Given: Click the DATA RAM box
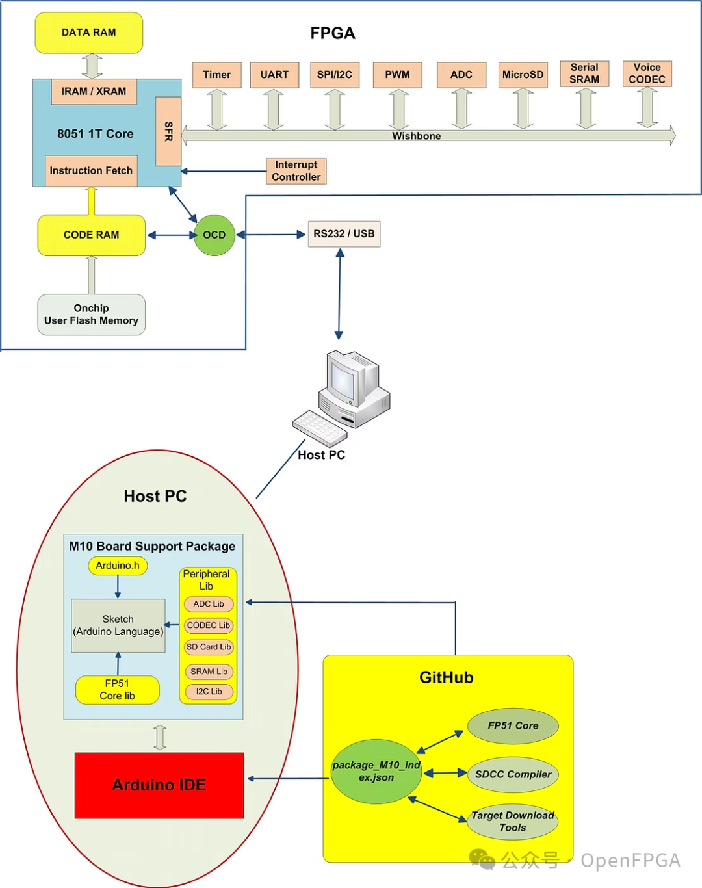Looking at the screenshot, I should pos(88,33).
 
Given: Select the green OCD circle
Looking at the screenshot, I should pos(214,235).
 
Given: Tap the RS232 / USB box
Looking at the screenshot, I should pos(344,234).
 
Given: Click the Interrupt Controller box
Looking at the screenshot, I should pos(296,171).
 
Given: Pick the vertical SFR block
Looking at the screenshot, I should pos(168,131).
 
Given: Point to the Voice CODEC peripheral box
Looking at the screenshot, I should pos(647,73).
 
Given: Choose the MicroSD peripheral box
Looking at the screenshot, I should pos(523,75).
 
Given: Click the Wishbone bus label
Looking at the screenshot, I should pos(416,136).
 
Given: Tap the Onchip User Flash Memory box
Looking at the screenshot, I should pos(91,315).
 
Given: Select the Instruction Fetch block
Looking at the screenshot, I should pos(91,170).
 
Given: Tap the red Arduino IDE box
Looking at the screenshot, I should pos(159,785).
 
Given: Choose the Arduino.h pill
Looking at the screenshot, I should pos(118,566).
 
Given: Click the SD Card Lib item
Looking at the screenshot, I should pos(209,647).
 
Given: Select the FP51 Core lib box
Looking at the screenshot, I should pos(117,690).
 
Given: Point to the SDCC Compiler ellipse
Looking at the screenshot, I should pos(513,774).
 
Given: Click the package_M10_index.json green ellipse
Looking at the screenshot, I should pos(376,772).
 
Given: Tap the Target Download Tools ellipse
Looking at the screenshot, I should pos(512,822).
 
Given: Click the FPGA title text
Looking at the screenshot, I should pos(332,33).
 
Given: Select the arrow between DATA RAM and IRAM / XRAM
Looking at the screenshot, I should pos(92,66).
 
